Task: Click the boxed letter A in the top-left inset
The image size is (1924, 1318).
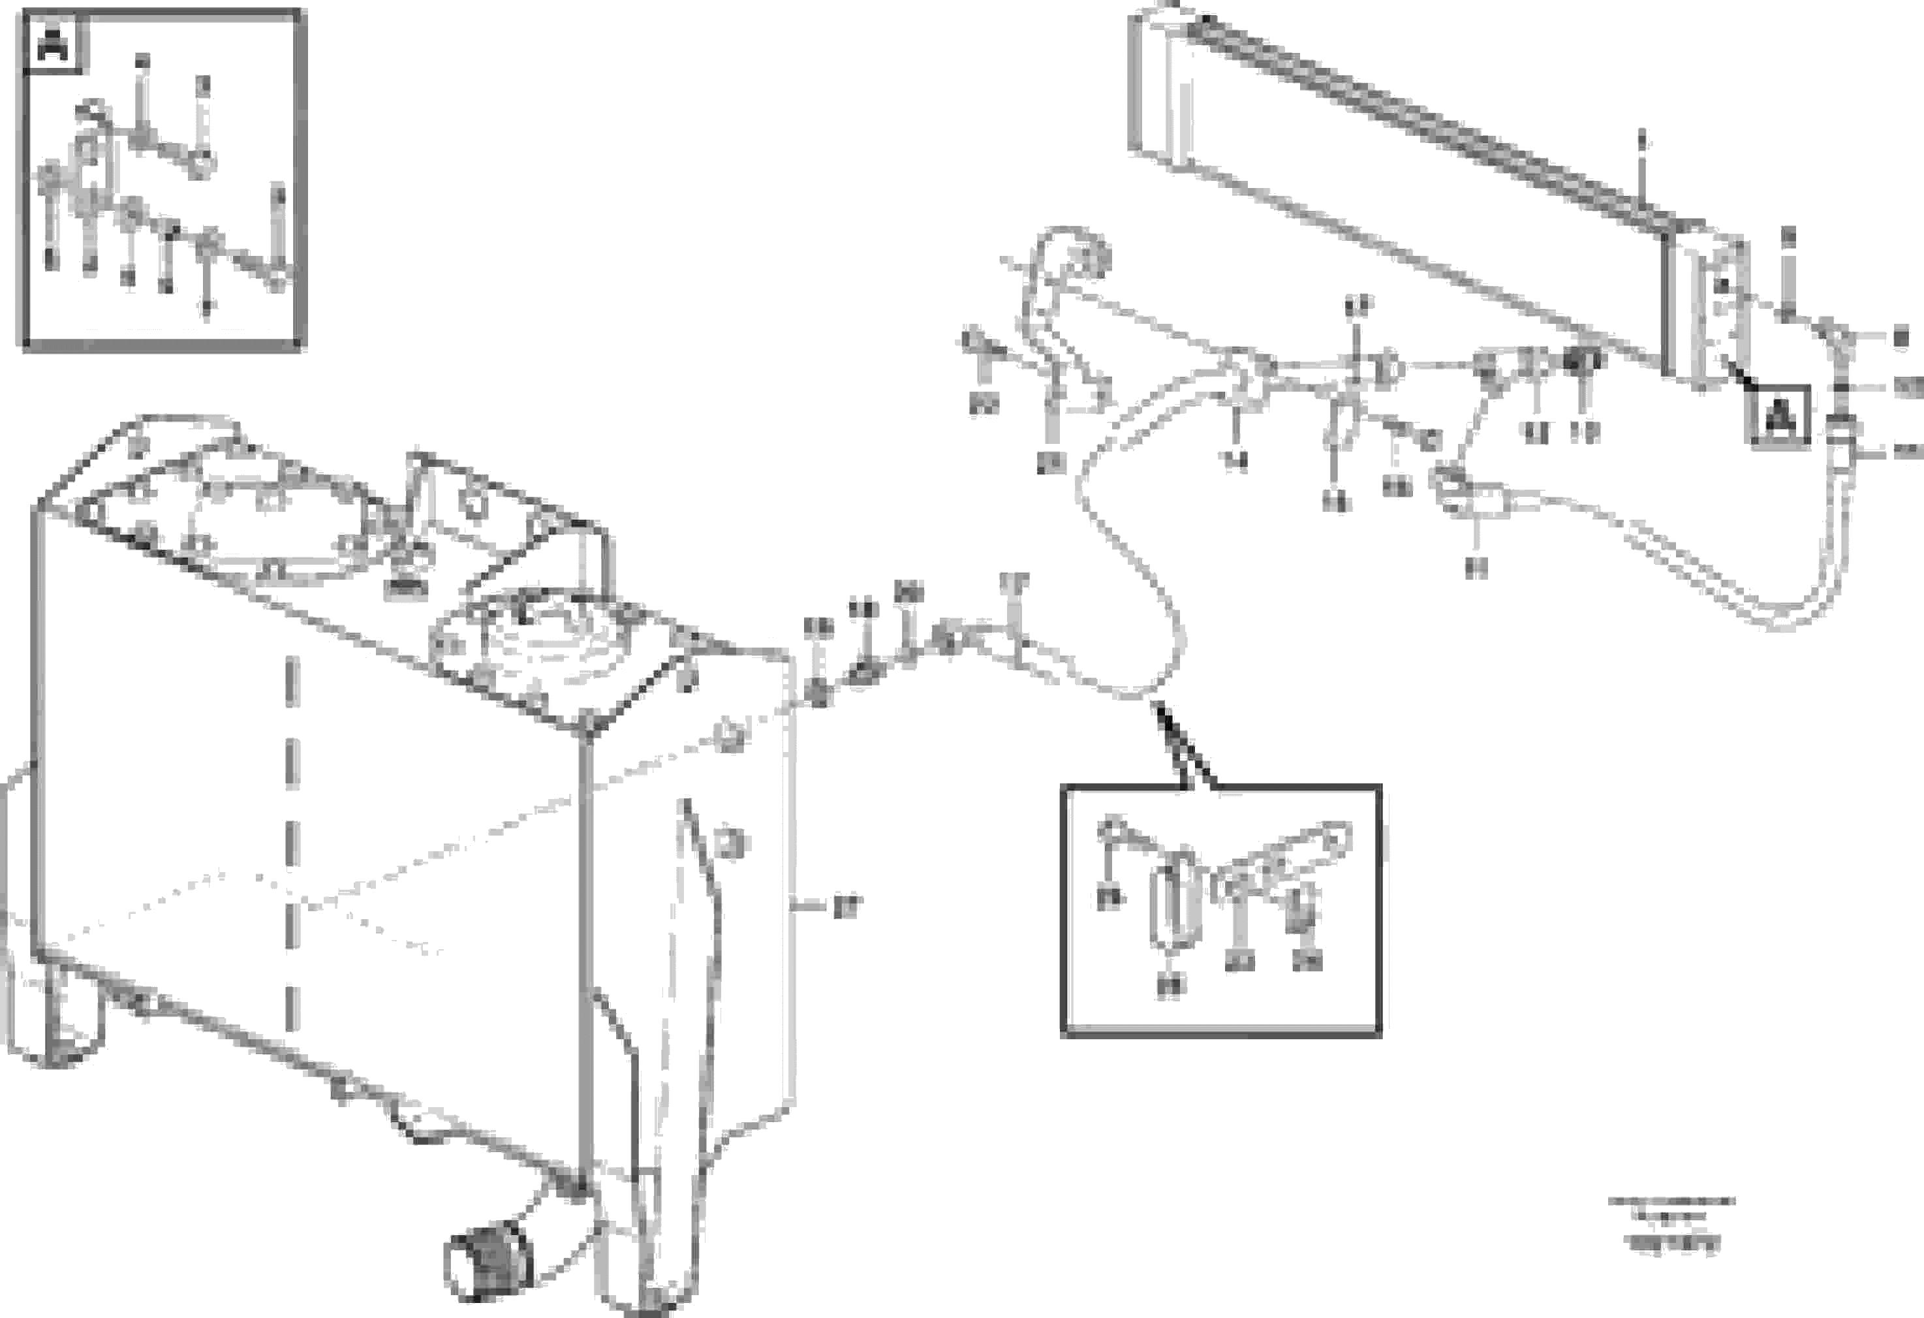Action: click(x=54, y=42)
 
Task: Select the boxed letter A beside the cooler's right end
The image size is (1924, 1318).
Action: click(x=1779, y=416)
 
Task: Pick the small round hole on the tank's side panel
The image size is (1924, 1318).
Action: click(x=728, y=735)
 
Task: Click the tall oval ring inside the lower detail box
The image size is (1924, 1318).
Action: click(x=1172, y=905)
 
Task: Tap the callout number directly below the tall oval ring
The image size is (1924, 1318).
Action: click(x=1171, y=985)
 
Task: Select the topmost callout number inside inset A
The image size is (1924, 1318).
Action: click(x=142, y=62)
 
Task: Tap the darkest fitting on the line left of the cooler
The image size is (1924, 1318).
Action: click(x=1582, y=361)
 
